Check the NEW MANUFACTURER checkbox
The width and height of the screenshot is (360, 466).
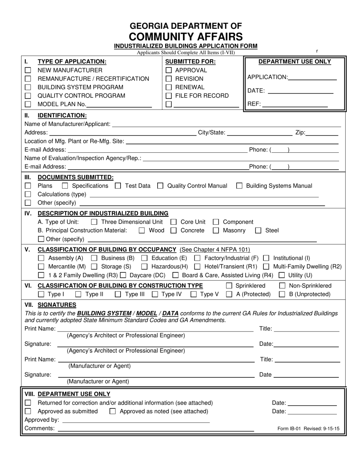click(28, 70)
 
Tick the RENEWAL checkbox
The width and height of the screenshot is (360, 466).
click(169, 87)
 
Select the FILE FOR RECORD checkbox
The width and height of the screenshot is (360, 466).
click(169, 96)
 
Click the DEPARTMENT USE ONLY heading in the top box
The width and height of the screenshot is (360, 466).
click(294, 62)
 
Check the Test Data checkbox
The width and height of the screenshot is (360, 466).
click(118, 186)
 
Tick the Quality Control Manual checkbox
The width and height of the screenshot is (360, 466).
click(160, 186)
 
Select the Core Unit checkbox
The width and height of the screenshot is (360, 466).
click(174, 222)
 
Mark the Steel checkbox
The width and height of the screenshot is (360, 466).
click(258, 230)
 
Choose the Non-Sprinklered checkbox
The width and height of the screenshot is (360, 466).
click(282, 286)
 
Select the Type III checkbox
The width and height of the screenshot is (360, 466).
click(118, 294)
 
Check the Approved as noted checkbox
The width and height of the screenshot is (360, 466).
click(112, 411)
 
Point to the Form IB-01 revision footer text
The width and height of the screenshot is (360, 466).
click(308, 429)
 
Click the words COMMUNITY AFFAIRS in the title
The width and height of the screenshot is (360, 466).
click(186, 36)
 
